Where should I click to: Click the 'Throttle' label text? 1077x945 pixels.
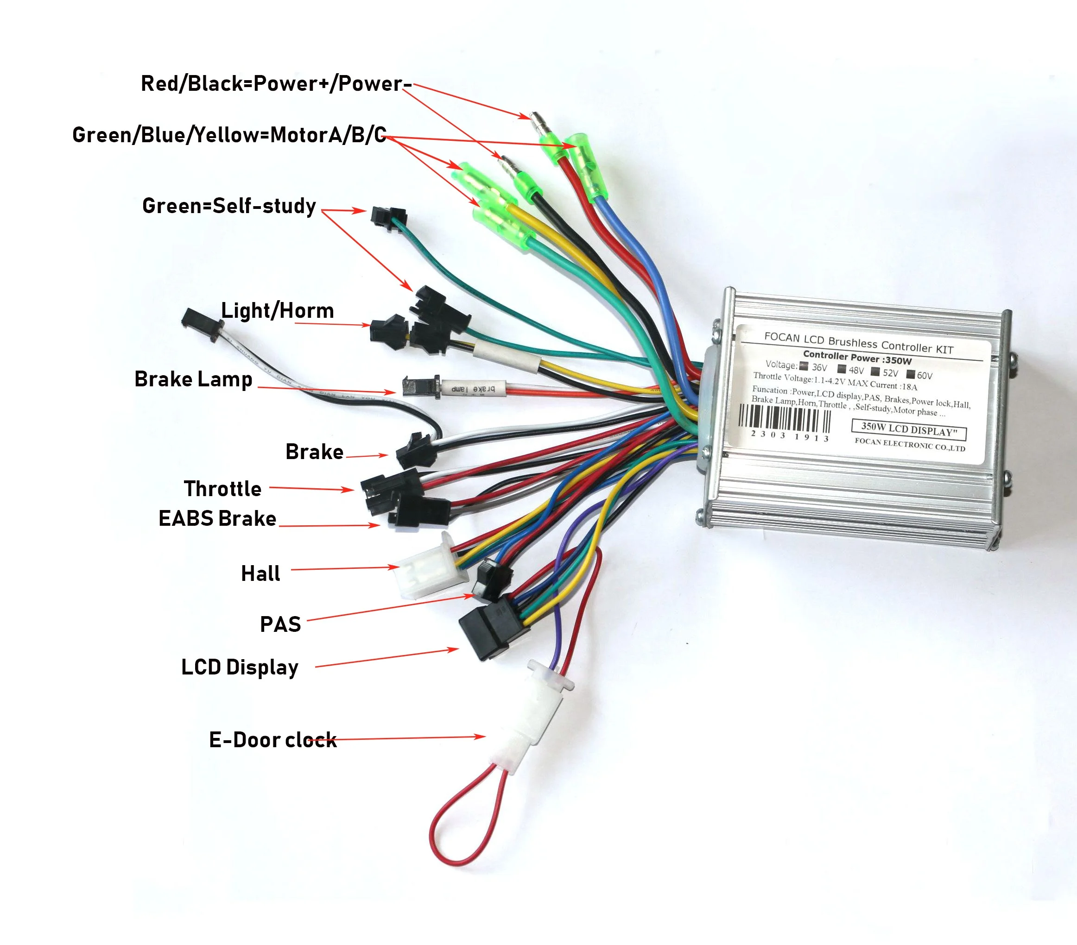pyautogui.click(x=222, y=489)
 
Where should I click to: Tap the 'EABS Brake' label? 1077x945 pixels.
pyautogui.click(x=217, y=518)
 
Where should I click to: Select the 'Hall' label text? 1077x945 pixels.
pyautogui.click(x=260, y=573)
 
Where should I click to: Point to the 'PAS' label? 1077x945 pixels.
pyautogui.click(x=280, y=624)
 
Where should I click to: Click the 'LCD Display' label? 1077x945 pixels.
pyautogui.click(x=240, y=667)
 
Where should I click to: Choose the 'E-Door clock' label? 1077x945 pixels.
pyautogui.click(x=272, y=740)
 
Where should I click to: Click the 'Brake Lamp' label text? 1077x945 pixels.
pyautogui.click(x=193, y=379)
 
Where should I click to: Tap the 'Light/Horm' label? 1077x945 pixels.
pyautogui.click(x=277, y=311)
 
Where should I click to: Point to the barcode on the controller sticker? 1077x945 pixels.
pyautogui.click(x=785, y=420)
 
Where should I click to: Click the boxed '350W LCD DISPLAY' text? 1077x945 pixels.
pyautogui.click(x=909, y=429)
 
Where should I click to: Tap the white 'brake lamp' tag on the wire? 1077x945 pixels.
pyautogui.click(x=473, y=389)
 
